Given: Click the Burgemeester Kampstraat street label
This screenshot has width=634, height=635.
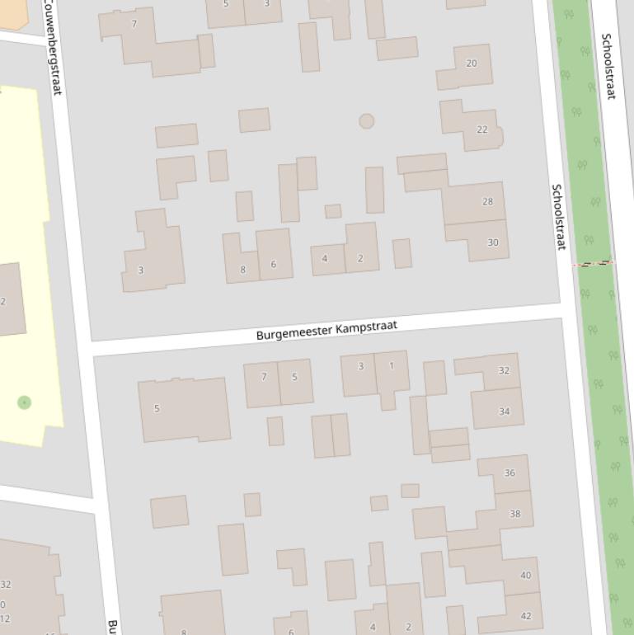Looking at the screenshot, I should (326, 330).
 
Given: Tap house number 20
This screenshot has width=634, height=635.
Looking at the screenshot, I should (472, 63).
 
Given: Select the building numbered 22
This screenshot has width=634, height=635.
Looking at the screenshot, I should (482, 129).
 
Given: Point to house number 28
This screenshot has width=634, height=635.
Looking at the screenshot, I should (487, 201).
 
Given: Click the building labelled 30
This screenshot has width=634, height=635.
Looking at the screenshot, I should (492, 242).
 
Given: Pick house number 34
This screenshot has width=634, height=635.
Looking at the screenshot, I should (504, 411).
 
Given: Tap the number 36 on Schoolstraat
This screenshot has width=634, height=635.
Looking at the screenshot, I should (510, 473).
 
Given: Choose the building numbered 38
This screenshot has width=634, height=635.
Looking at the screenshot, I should (514, 514).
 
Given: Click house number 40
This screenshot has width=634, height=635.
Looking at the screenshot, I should (525, 575).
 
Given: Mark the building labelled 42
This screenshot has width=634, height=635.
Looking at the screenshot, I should (525, 615).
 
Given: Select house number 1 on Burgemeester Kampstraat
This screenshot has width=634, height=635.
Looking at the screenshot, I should (392, 366).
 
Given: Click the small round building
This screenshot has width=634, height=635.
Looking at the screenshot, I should (366, 121).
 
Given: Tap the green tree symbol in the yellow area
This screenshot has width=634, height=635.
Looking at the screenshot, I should (24, 402).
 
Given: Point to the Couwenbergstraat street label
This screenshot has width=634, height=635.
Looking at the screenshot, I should (51, 47).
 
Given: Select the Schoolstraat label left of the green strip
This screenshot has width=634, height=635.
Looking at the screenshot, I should (559, 217).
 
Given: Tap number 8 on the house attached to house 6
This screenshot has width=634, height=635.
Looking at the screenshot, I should (242, 269).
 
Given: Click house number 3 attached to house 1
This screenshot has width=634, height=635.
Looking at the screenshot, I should (360, 366).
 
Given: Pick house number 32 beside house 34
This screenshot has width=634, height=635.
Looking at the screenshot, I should (504, 370).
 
